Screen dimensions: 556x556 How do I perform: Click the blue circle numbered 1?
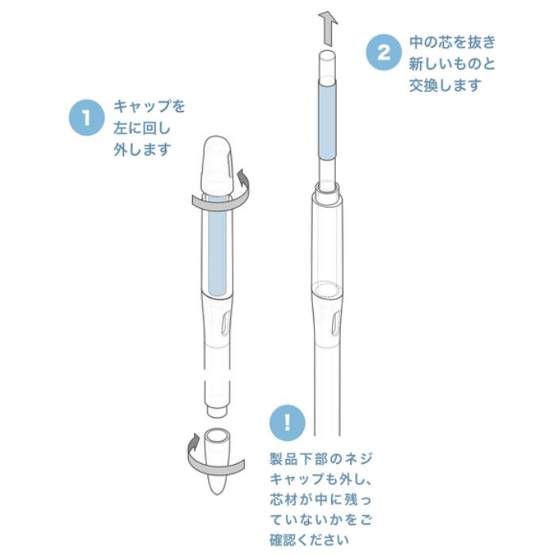click(x=87, y=118)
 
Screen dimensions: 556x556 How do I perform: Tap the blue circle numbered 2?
click(x=384, y=52)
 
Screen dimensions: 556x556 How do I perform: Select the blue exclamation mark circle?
click(x=288, y=423)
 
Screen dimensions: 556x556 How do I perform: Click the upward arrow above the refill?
click(x=328, y=29)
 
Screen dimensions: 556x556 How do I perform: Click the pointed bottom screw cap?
click(x=217, y=461)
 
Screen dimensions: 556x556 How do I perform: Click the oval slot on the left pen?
click(x=226, y=323)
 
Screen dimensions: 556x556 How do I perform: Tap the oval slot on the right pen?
click(x=335, y=323)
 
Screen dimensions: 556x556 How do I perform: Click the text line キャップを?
click(x=149, y=106)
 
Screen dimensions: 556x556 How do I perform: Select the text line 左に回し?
click(x=142, y=128)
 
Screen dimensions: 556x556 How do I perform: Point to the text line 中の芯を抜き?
click(x=453, y=42)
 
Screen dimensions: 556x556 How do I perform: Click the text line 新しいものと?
click(x=452, y=64)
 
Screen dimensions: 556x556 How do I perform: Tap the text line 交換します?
click(x=446, y=86)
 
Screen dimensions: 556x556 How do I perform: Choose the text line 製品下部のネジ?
click(x=321, y=459)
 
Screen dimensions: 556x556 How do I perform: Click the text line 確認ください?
click(x=309, y=540)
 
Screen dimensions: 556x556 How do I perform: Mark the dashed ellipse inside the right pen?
click(x=327, y=288)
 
